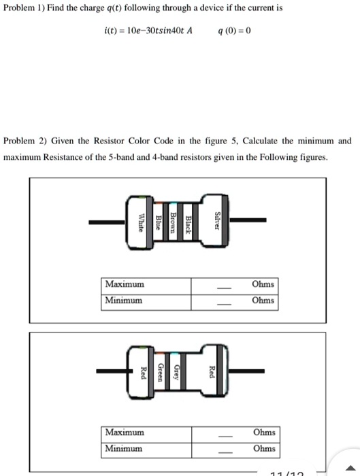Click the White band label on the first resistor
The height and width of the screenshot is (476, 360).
coord(142,222)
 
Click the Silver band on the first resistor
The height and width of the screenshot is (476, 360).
coord(217,222)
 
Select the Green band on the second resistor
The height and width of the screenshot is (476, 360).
coord(160,371)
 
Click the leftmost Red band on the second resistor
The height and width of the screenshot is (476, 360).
coord(143,371)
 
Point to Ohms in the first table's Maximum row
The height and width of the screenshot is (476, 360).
coord(263,284)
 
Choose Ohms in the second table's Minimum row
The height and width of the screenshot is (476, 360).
coord(263,448)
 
